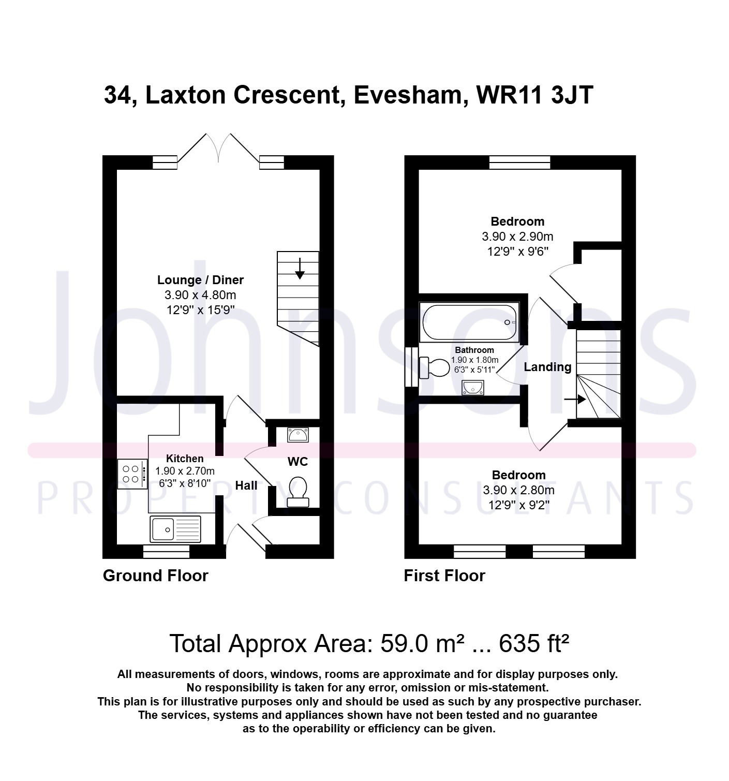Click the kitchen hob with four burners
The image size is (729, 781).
point(132,474)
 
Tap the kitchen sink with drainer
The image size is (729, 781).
point(175,529)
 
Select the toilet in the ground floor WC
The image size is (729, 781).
point(298,492)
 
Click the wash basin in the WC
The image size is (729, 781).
point(298,435)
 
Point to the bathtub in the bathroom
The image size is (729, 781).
point(469,322)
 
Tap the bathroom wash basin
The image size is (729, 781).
point(473,388)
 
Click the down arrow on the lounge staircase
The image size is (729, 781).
point(300,269)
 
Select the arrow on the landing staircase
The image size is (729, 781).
point(575,400)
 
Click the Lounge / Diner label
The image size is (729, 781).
point(201,280)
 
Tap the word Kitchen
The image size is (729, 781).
point(185,459)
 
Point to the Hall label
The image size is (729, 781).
point(246,485)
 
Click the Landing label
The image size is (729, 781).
point(547,367)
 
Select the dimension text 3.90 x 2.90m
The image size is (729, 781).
point(517,237)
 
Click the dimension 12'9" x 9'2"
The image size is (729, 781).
point(518,505)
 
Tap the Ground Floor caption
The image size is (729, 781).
point(155,576)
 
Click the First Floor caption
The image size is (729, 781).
point(444,576)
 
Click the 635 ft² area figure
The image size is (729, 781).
point(534,644)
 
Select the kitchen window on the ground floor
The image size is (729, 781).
point(166,552)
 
